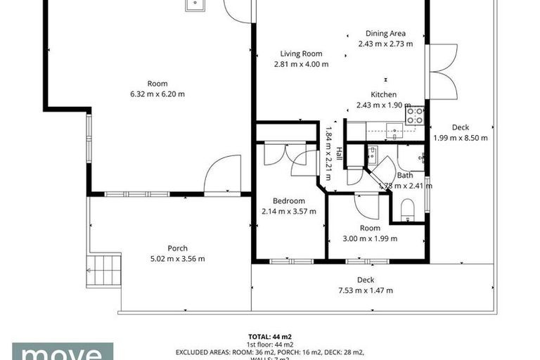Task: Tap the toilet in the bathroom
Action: tap(407, 209)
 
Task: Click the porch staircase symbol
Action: tap(103, 271)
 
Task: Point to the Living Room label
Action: tap(301, 53)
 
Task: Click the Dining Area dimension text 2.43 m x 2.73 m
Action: tap(385, 44)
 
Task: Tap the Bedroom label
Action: tap(288, 201)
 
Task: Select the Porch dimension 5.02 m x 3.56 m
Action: tap(177, 259)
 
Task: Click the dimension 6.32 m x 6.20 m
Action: tap(157, 94)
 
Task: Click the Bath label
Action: tap(405, 176)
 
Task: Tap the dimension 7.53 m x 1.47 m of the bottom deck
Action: tap(365, 290)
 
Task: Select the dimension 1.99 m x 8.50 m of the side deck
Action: tap(461, 138)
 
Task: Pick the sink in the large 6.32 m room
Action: tap(195, 5)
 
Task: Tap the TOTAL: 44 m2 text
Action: tap(269, 336)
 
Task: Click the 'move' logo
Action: tap(62, 352)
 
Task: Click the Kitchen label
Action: tap(384, 95)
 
